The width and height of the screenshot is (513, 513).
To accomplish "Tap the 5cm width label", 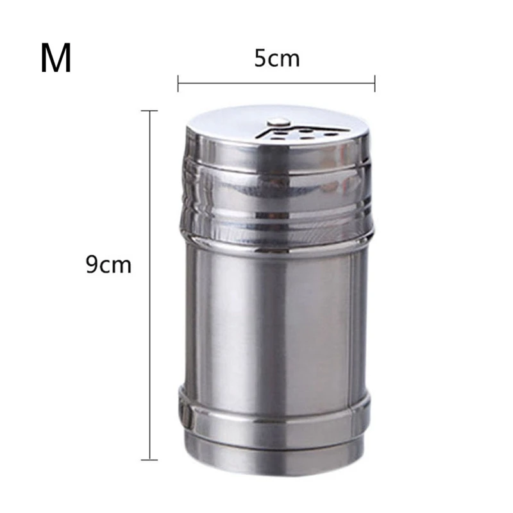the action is pyautogui.click(x=277, y=59).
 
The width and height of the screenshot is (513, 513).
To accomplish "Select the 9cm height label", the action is pyautogui.click(x=108, y=265).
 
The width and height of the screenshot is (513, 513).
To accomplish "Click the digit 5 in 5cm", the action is pyautogui.click(x=260, y=59).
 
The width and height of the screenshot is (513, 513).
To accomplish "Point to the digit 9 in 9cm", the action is pyautogui.click(x=92, y=265).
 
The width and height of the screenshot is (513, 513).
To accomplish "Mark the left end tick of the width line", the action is pyautogui.click(x=178, y=83).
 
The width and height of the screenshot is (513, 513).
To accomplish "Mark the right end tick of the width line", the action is pyautogui.click(x=374, y=83).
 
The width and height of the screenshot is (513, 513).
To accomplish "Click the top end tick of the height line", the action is pyautogui.click(x=150, y=111).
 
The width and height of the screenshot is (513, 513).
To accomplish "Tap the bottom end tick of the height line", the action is pyautogui.click(x=150, y=460).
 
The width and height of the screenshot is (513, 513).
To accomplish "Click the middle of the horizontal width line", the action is pyautogui.click(x=276, y=83).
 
